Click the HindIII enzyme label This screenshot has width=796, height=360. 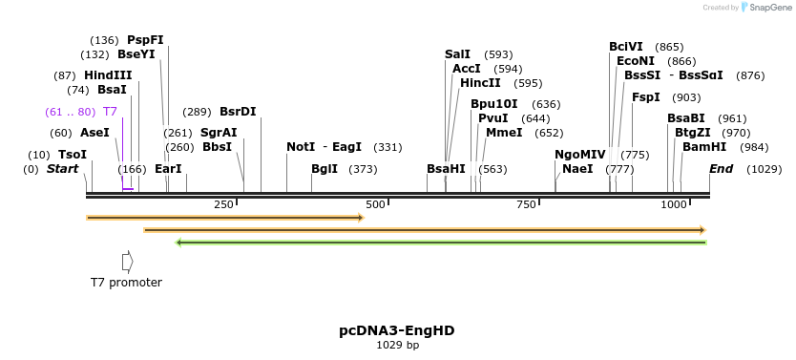coord(108,75)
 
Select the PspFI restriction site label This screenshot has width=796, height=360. coord(145,40)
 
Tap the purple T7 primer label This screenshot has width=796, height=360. coord(110,112)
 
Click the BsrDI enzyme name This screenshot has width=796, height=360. coord(238,112)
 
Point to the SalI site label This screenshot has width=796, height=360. coord(458,54)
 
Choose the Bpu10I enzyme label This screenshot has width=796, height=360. coord(493,104)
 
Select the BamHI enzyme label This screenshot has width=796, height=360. coord(704,147)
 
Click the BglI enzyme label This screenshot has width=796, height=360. coord(325,169)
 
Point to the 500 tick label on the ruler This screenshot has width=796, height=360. coord(375,205)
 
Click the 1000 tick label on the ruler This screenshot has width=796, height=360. coord(674,205)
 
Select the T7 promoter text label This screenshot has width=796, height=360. coord(126,283)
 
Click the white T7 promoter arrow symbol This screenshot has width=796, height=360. coord(127,261)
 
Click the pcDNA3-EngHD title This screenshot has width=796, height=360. coord(396,330)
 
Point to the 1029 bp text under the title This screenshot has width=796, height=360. coord(397,346)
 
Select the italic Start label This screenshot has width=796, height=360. coord(62,169)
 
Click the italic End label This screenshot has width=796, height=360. coord(721,169)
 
